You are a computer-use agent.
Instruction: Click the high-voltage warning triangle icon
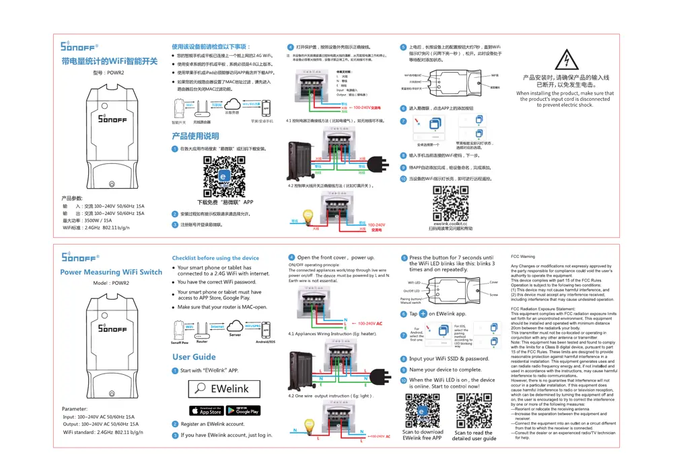[569, 62]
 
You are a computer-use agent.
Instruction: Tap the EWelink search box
[222, 388]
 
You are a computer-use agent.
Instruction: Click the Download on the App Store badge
[206, 410]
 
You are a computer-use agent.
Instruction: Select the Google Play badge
[242, 410]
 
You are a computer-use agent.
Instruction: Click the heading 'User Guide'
[194, 357]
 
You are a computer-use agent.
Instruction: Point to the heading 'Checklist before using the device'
[215, 258]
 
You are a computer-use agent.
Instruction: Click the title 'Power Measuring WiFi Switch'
[111, 272]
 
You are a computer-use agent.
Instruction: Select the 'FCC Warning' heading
[523, 257]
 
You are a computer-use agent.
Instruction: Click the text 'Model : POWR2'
[111, 284]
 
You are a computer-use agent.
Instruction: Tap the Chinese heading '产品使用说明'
[195, 136]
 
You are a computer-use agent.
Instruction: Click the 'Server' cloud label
[235, 334]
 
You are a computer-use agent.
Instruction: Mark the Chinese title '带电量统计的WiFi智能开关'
[109, 61]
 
